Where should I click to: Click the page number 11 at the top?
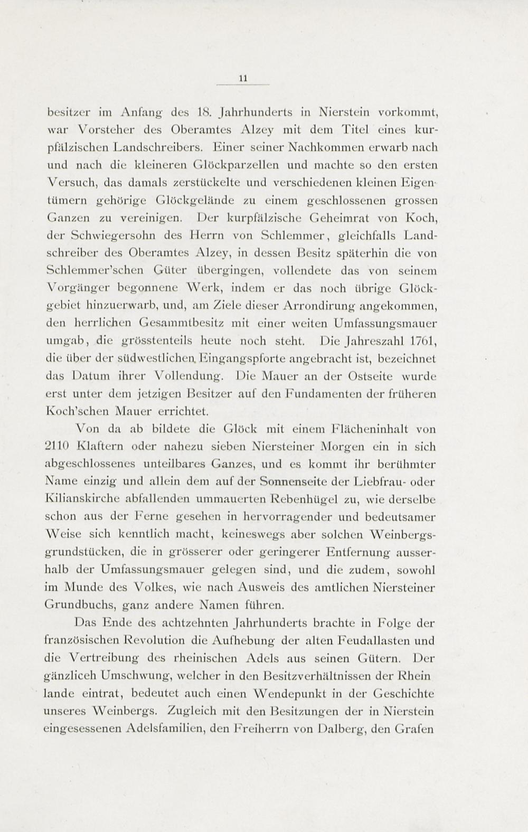pos(243,78)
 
